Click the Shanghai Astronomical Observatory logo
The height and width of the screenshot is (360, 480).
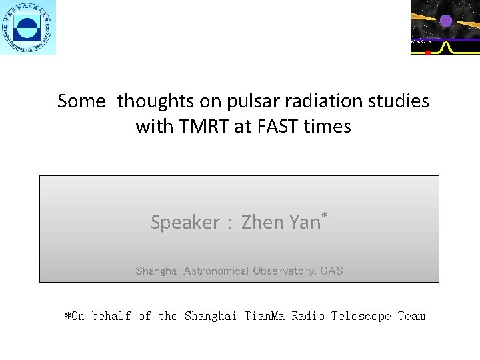pyautogui.click(x=28, y=27)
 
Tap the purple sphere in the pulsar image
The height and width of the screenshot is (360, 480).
pyautogui.click(x=445, y=20)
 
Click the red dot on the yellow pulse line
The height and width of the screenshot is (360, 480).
pyautogui.click(x=428, y=52)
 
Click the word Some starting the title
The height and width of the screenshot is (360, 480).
pyautogui.click(x=81, y=101)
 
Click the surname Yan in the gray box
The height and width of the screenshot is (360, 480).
pyautogui.click(x=305, y=222)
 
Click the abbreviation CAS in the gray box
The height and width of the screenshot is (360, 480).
pyautogui.click(x=331, y=271)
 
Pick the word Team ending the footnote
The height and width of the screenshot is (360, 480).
pyautogui.click(x=411, y=316)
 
